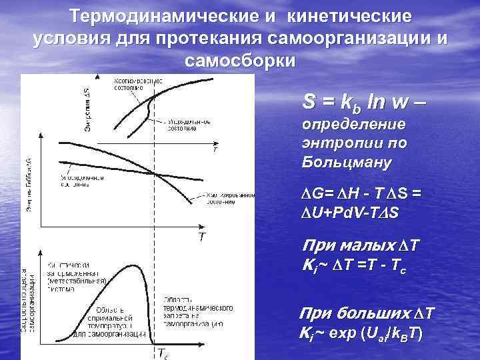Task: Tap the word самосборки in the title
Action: click(239, 61)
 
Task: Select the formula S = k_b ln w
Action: click(361, 103)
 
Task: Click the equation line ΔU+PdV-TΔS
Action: click(349, 211)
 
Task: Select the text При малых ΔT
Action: click(359, 246)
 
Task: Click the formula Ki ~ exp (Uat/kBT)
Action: click(361, 333)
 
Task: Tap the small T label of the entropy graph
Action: click(215, 150)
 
